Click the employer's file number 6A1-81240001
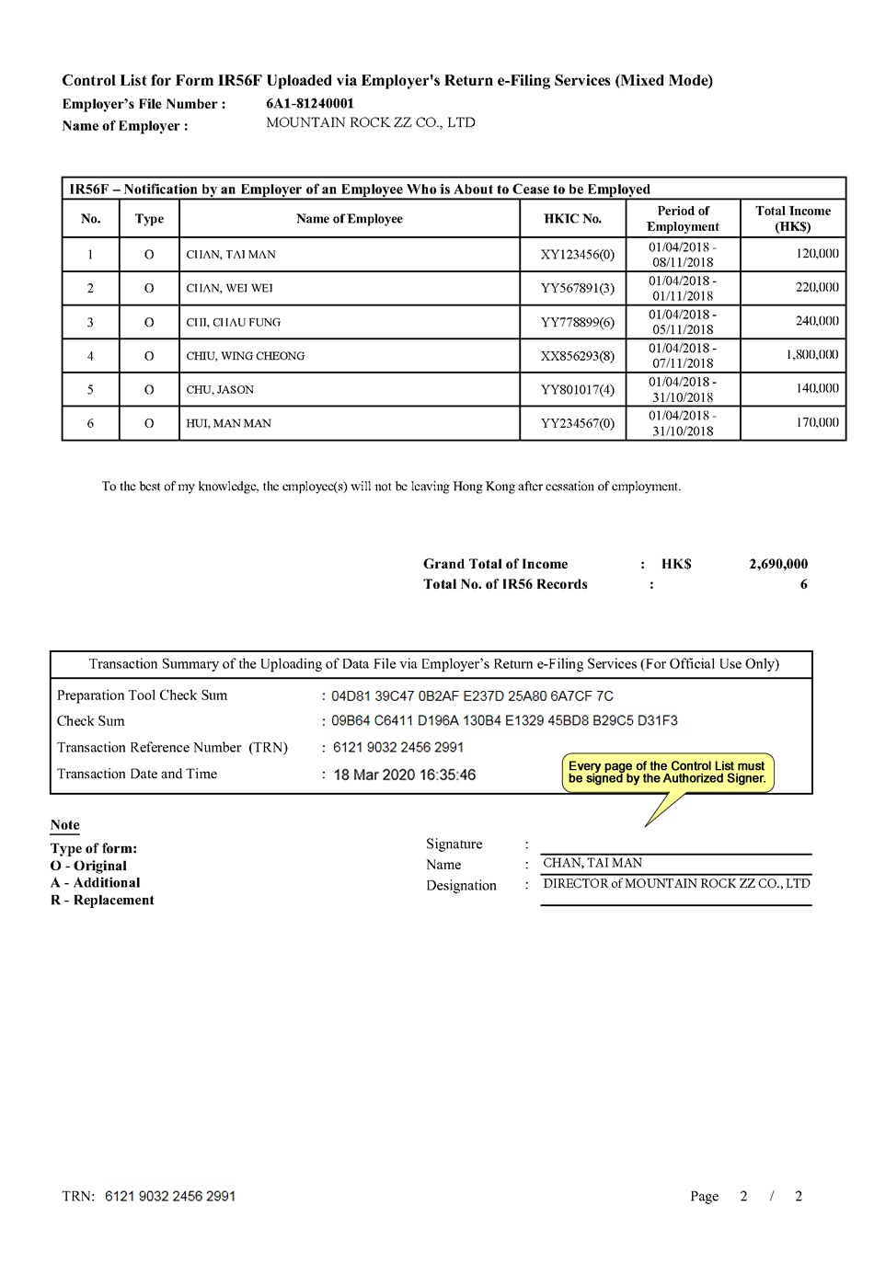[310, 103]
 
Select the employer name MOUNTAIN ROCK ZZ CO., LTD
[370, 122]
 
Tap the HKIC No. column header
[572, 219]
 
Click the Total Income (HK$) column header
[792, 219]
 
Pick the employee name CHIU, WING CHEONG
[245, 356]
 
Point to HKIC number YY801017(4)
[577, 390]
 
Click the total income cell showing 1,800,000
[811, 355]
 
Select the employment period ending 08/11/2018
[683, 255]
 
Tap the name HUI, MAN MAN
[228, 424]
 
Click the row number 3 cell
[90, 322]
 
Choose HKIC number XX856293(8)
[577, 356]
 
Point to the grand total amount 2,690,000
[778, 564]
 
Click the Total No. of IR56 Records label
[505, 584]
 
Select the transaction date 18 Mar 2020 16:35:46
[404, 775]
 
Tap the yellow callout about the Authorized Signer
[667, 773]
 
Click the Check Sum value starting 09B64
[504, 720]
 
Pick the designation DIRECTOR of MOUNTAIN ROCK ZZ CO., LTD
[676, 884]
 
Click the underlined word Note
[64, 825]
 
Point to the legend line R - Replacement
[102, 901]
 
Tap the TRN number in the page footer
[170, 1196]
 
